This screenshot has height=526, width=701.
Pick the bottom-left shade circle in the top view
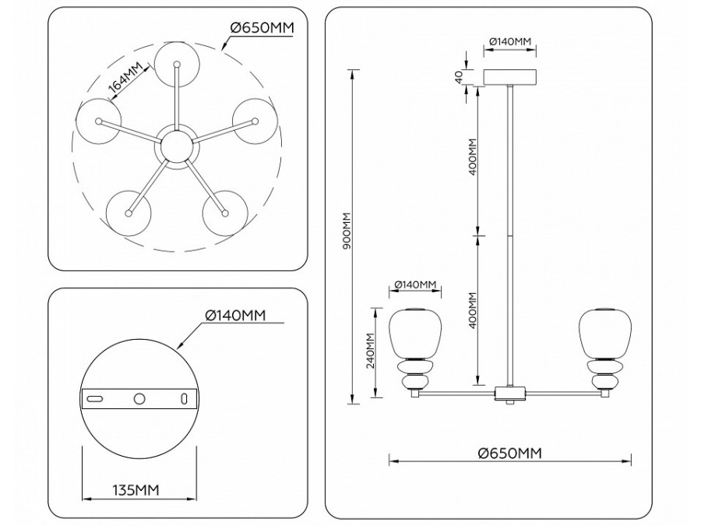click(x=126, y=211)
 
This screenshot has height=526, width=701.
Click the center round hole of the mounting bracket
click(x=139, y=398)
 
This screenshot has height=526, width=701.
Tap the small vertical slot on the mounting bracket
click(x=185, y=398)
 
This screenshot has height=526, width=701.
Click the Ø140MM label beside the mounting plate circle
click(x=236, y=315)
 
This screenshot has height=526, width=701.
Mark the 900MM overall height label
click(x=348, y=231)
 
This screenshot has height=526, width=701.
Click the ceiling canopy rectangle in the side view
click(x=510, y=78)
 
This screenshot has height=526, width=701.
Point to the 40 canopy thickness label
click(x=460, y=76)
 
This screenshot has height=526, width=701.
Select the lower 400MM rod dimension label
click(x=473, y=310)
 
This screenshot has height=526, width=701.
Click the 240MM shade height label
click(x=372, y=351)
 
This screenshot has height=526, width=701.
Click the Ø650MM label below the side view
click(x=509, y=453)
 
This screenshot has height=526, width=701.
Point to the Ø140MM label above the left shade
click(x=414, y=285)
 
